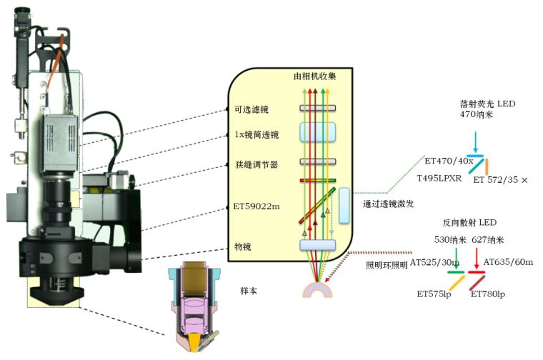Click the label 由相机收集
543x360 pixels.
click(x=314, y=76)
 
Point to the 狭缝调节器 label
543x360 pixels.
click(x=256, y=164)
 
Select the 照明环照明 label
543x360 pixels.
click(x=386, y=266)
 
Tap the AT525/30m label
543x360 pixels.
click(x=434, y=262)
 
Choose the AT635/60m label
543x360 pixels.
click(x=508, y=262)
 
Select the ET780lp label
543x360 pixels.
click(x=488, y=294)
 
